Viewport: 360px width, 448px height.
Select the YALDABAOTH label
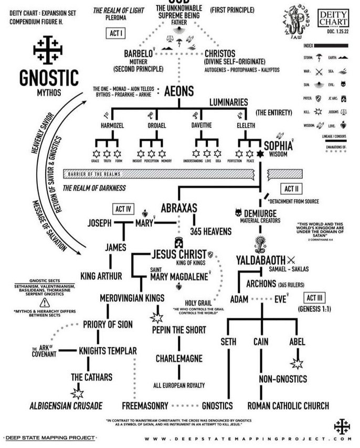click(260, 260)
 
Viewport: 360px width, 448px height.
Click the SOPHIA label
click(279, 145)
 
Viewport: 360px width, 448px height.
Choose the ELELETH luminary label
click(246, 126)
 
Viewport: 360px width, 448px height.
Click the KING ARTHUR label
click(101, 276)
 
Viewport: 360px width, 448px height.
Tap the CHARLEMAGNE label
click(179, 359)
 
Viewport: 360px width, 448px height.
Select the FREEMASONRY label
click(145, 405)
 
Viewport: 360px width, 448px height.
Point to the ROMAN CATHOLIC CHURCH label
click(288, 405)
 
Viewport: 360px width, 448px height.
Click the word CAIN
click(261, 342)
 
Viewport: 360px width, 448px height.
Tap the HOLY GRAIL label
click(197, 303)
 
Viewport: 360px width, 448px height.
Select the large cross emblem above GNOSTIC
click(48, 51)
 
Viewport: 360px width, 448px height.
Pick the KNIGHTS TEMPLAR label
click(108, 350)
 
